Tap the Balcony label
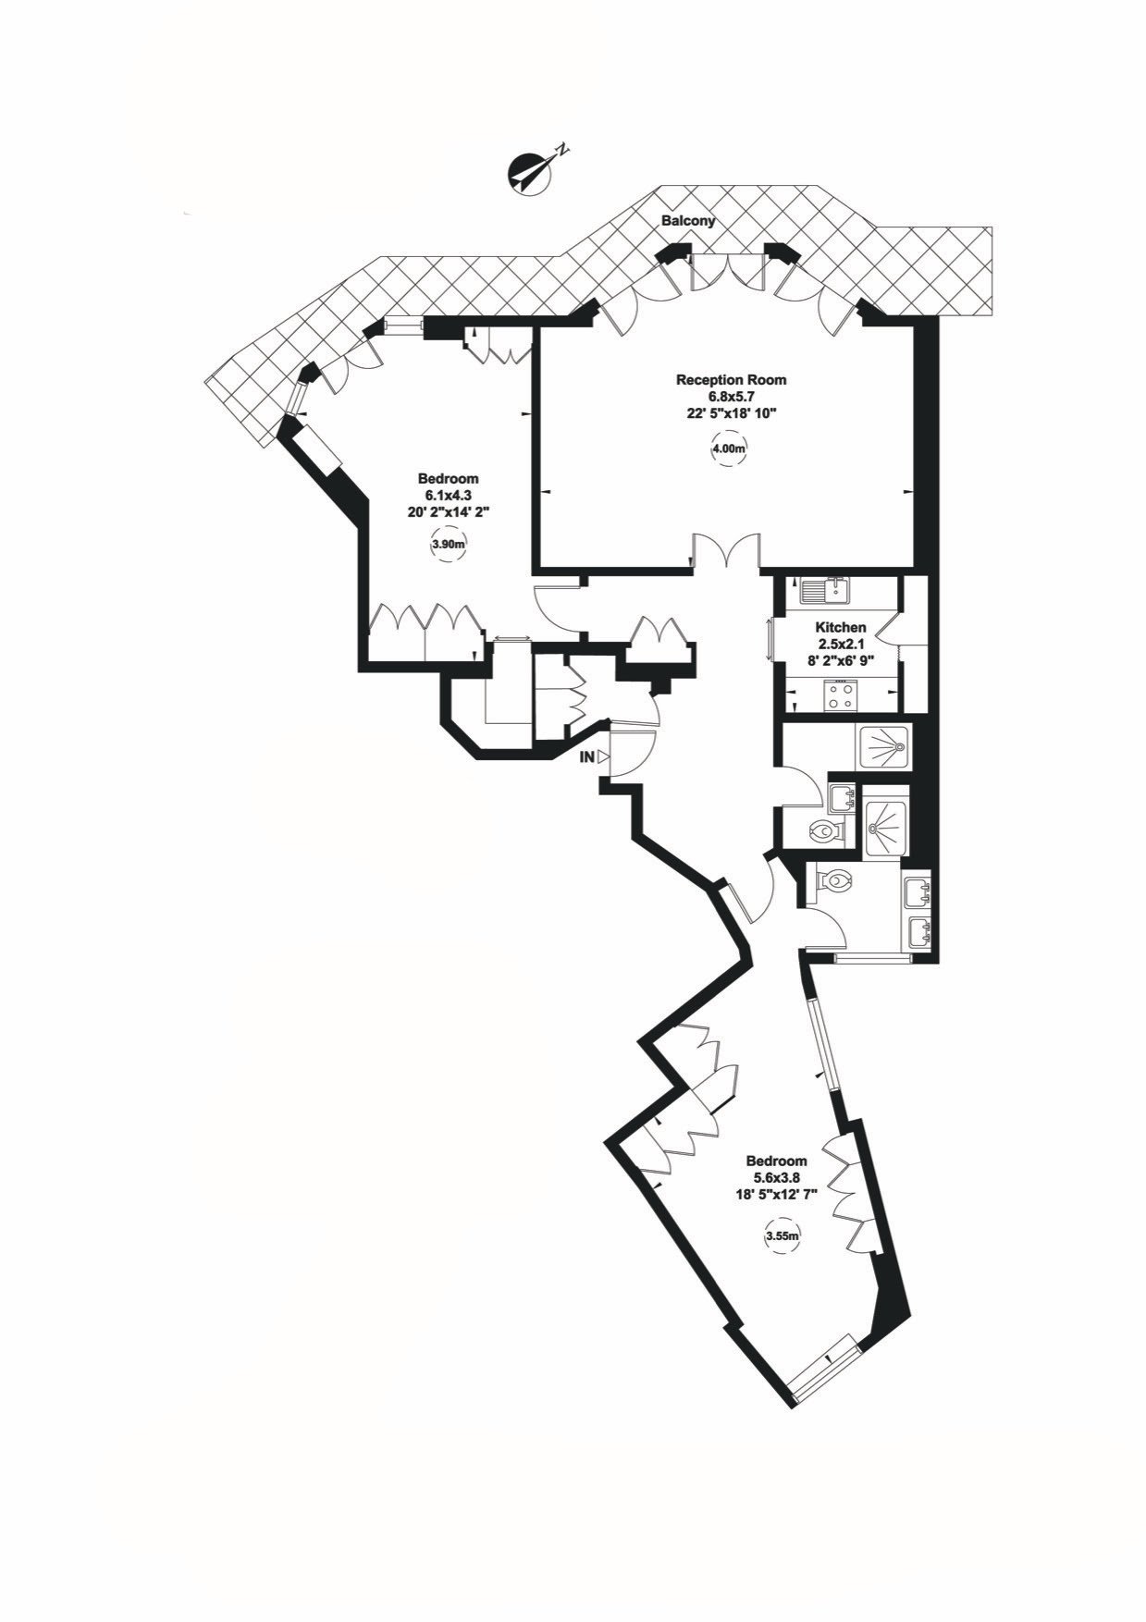pos(688,222)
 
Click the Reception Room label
pos(731,379)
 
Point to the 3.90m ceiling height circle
pos(448,546)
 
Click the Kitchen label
pos(841,628)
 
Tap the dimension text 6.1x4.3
pos(448,496)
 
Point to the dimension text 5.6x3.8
pos(776,1177)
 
